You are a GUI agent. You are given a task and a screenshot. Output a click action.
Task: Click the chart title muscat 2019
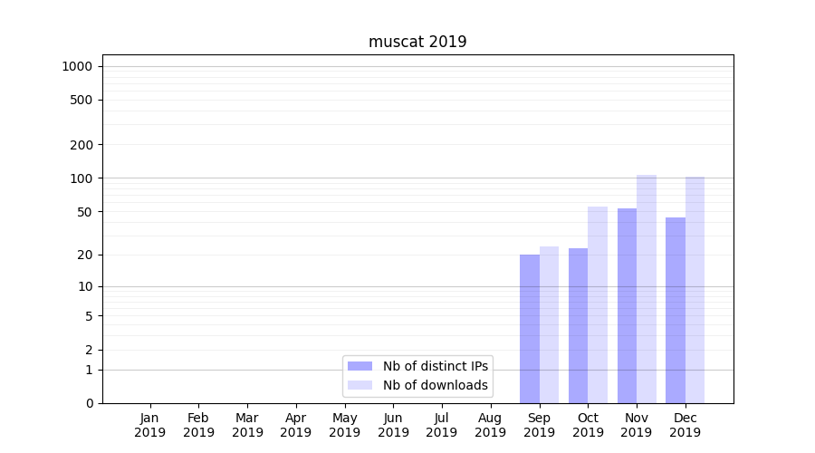tap(417, 42)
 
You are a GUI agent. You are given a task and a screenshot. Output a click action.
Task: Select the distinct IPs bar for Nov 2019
tap(627, 305)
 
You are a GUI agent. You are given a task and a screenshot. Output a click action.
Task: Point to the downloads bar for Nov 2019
tap(647, 289)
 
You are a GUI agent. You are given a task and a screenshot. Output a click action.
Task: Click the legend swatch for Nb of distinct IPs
tap(360, 366)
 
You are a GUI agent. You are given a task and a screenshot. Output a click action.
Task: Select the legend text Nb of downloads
tap(436, 385)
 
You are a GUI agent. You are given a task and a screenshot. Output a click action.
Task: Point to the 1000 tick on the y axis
tap(77, 66)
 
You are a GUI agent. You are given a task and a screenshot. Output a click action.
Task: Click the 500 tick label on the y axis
tap(81, 100)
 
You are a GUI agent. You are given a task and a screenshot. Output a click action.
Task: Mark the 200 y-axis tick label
tap(81, 145)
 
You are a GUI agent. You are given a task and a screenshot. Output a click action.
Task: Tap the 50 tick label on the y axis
tap(85, 212)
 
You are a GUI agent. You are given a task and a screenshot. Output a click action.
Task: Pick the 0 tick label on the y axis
tap(89, 403)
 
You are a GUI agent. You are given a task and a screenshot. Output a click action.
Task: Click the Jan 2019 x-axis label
tap(150, 425)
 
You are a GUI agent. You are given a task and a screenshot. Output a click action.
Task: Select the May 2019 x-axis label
tap(344, 425)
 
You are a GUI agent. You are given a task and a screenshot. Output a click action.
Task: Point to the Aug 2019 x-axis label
tap(490, 425)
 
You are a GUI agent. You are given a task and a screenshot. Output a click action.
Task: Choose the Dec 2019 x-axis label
tap(685, 425)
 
